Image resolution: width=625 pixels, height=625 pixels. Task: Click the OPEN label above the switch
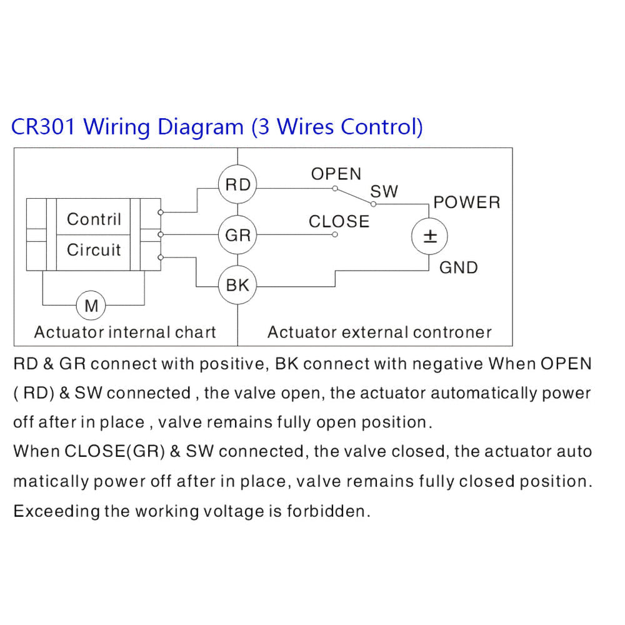[336, 174]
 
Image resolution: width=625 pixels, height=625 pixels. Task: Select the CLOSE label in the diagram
[339, 222]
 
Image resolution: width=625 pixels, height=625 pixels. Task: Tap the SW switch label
[384, 192]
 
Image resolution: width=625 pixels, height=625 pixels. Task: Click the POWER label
[466, 202]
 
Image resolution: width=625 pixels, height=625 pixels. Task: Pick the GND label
[458, 267]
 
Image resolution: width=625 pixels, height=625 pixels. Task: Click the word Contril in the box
[94, 219]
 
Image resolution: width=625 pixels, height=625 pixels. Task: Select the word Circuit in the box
[94, 250]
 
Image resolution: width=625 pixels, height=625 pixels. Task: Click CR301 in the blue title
[43, 127]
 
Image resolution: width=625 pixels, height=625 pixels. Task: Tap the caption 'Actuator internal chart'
[125, 332]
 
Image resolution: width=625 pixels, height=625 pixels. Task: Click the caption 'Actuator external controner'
[379, 332]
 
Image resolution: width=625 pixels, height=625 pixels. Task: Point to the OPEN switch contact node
[335, 188]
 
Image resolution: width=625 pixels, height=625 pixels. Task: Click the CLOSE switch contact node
[335, 234]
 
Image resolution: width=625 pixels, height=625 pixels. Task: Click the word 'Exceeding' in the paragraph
[57, 511]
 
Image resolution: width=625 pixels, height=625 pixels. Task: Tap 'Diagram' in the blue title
[201, 127]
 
